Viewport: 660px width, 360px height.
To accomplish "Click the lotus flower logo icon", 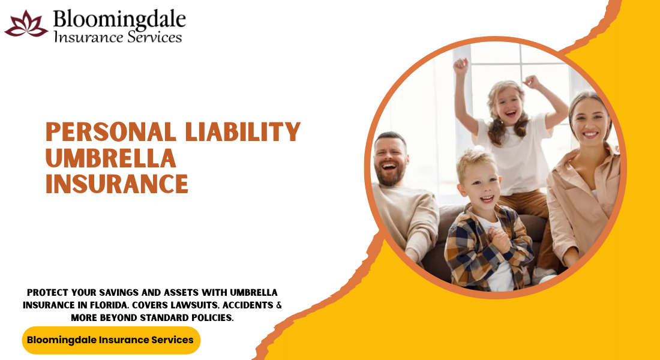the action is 26,24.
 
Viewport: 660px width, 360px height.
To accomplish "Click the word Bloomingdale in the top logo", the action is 119,19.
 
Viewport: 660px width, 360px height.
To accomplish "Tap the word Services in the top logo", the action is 154,37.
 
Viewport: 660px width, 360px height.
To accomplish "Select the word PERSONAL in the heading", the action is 111,131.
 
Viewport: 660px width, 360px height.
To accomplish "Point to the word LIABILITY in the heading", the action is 243,131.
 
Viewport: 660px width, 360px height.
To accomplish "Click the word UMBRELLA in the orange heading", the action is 111,158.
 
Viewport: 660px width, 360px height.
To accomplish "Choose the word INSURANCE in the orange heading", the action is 116,184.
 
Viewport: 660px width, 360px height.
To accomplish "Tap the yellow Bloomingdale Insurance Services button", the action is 111,340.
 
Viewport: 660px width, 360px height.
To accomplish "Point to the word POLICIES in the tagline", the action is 212,318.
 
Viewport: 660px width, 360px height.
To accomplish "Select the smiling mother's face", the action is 589,122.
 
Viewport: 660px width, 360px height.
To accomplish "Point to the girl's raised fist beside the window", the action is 461,65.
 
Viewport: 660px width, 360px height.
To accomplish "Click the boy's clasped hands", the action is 500,241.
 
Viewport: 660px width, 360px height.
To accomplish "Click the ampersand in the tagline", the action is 278,305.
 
